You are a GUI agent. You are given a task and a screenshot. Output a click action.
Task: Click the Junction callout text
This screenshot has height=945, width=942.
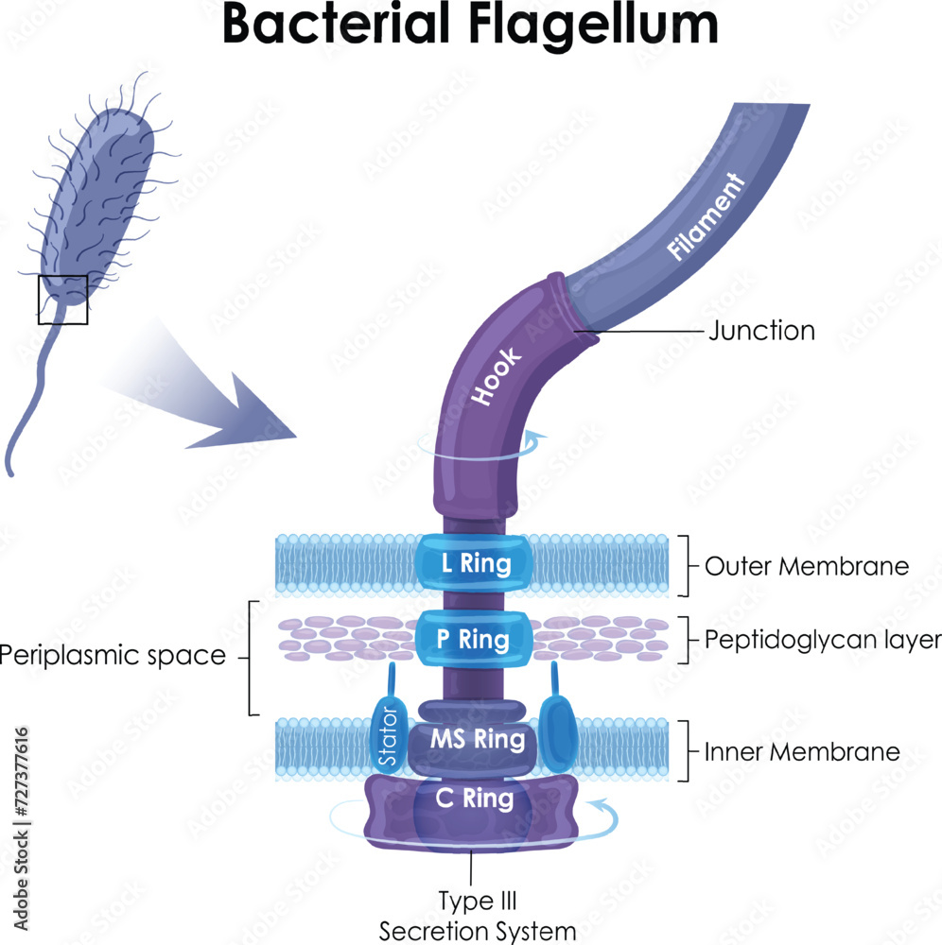pos(761,331)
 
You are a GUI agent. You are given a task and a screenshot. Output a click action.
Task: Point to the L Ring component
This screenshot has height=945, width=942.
pos(476,565)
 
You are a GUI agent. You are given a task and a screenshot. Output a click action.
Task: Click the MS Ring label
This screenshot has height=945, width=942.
pos(478,739)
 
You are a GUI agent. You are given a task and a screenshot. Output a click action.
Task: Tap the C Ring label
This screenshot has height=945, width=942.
pos(476,799)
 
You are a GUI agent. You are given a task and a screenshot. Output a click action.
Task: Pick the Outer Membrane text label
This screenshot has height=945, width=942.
pos(807,566)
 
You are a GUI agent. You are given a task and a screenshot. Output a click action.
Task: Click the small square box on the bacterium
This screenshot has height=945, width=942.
pos(62,300)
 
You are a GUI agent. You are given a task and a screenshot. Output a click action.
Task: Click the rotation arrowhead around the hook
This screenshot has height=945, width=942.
pos(538,438)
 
